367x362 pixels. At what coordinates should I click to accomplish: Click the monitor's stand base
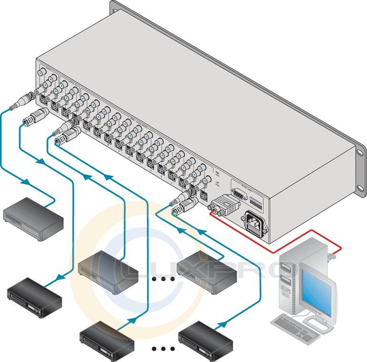[x=320, y=319]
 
